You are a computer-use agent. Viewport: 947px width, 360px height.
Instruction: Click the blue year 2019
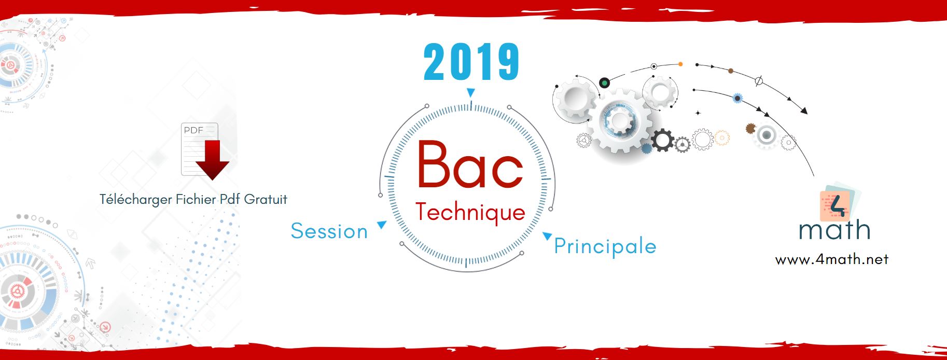pyautogui.click(x=471, y=62)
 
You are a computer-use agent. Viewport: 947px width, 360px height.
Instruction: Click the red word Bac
pyautogui.click(x=470, y=164)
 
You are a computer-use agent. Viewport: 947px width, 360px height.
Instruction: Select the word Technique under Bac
pyautogui.click(x=470, y=213)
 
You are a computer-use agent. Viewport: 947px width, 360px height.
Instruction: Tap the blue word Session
pyautogui.click(x=329, y=231)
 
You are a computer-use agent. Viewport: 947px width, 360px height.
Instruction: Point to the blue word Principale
pyautogui.click(x=605, y=247)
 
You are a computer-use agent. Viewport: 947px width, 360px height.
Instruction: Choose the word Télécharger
pyautogui.click(x=135, y=200)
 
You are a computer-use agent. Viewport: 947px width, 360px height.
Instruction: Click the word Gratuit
pyautogui.click(x=266, y=199)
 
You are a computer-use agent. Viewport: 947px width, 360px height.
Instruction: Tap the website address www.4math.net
pyautogui.click(x=832, y=259)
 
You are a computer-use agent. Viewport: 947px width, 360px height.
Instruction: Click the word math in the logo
pyautogui.click(x=834, y=230)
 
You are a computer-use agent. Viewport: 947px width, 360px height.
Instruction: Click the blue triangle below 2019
pyautogui.click(x=470, y=93)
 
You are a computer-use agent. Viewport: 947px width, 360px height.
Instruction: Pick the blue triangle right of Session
pyautogui.click(x=382, y=225)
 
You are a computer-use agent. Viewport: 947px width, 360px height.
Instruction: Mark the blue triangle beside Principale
pyautogui.click(x=547, y=236)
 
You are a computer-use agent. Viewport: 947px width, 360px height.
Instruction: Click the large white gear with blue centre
pyautogui.click(x=619, y=121)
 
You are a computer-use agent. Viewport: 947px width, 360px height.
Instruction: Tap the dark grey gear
pyautogui.click(x=662, y=140)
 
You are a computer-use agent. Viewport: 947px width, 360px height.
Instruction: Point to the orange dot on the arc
pyautogui.click(x=680, y=64)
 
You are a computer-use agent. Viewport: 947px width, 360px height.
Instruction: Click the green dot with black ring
pyautogui.click(x=604, y=82)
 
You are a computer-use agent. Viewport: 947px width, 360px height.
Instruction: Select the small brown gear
pyautogui.click(x=750, y=128)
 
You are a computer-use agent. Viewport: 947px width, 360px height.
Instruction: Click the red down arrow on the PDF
pyautogui.click(x=212, y=160)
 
